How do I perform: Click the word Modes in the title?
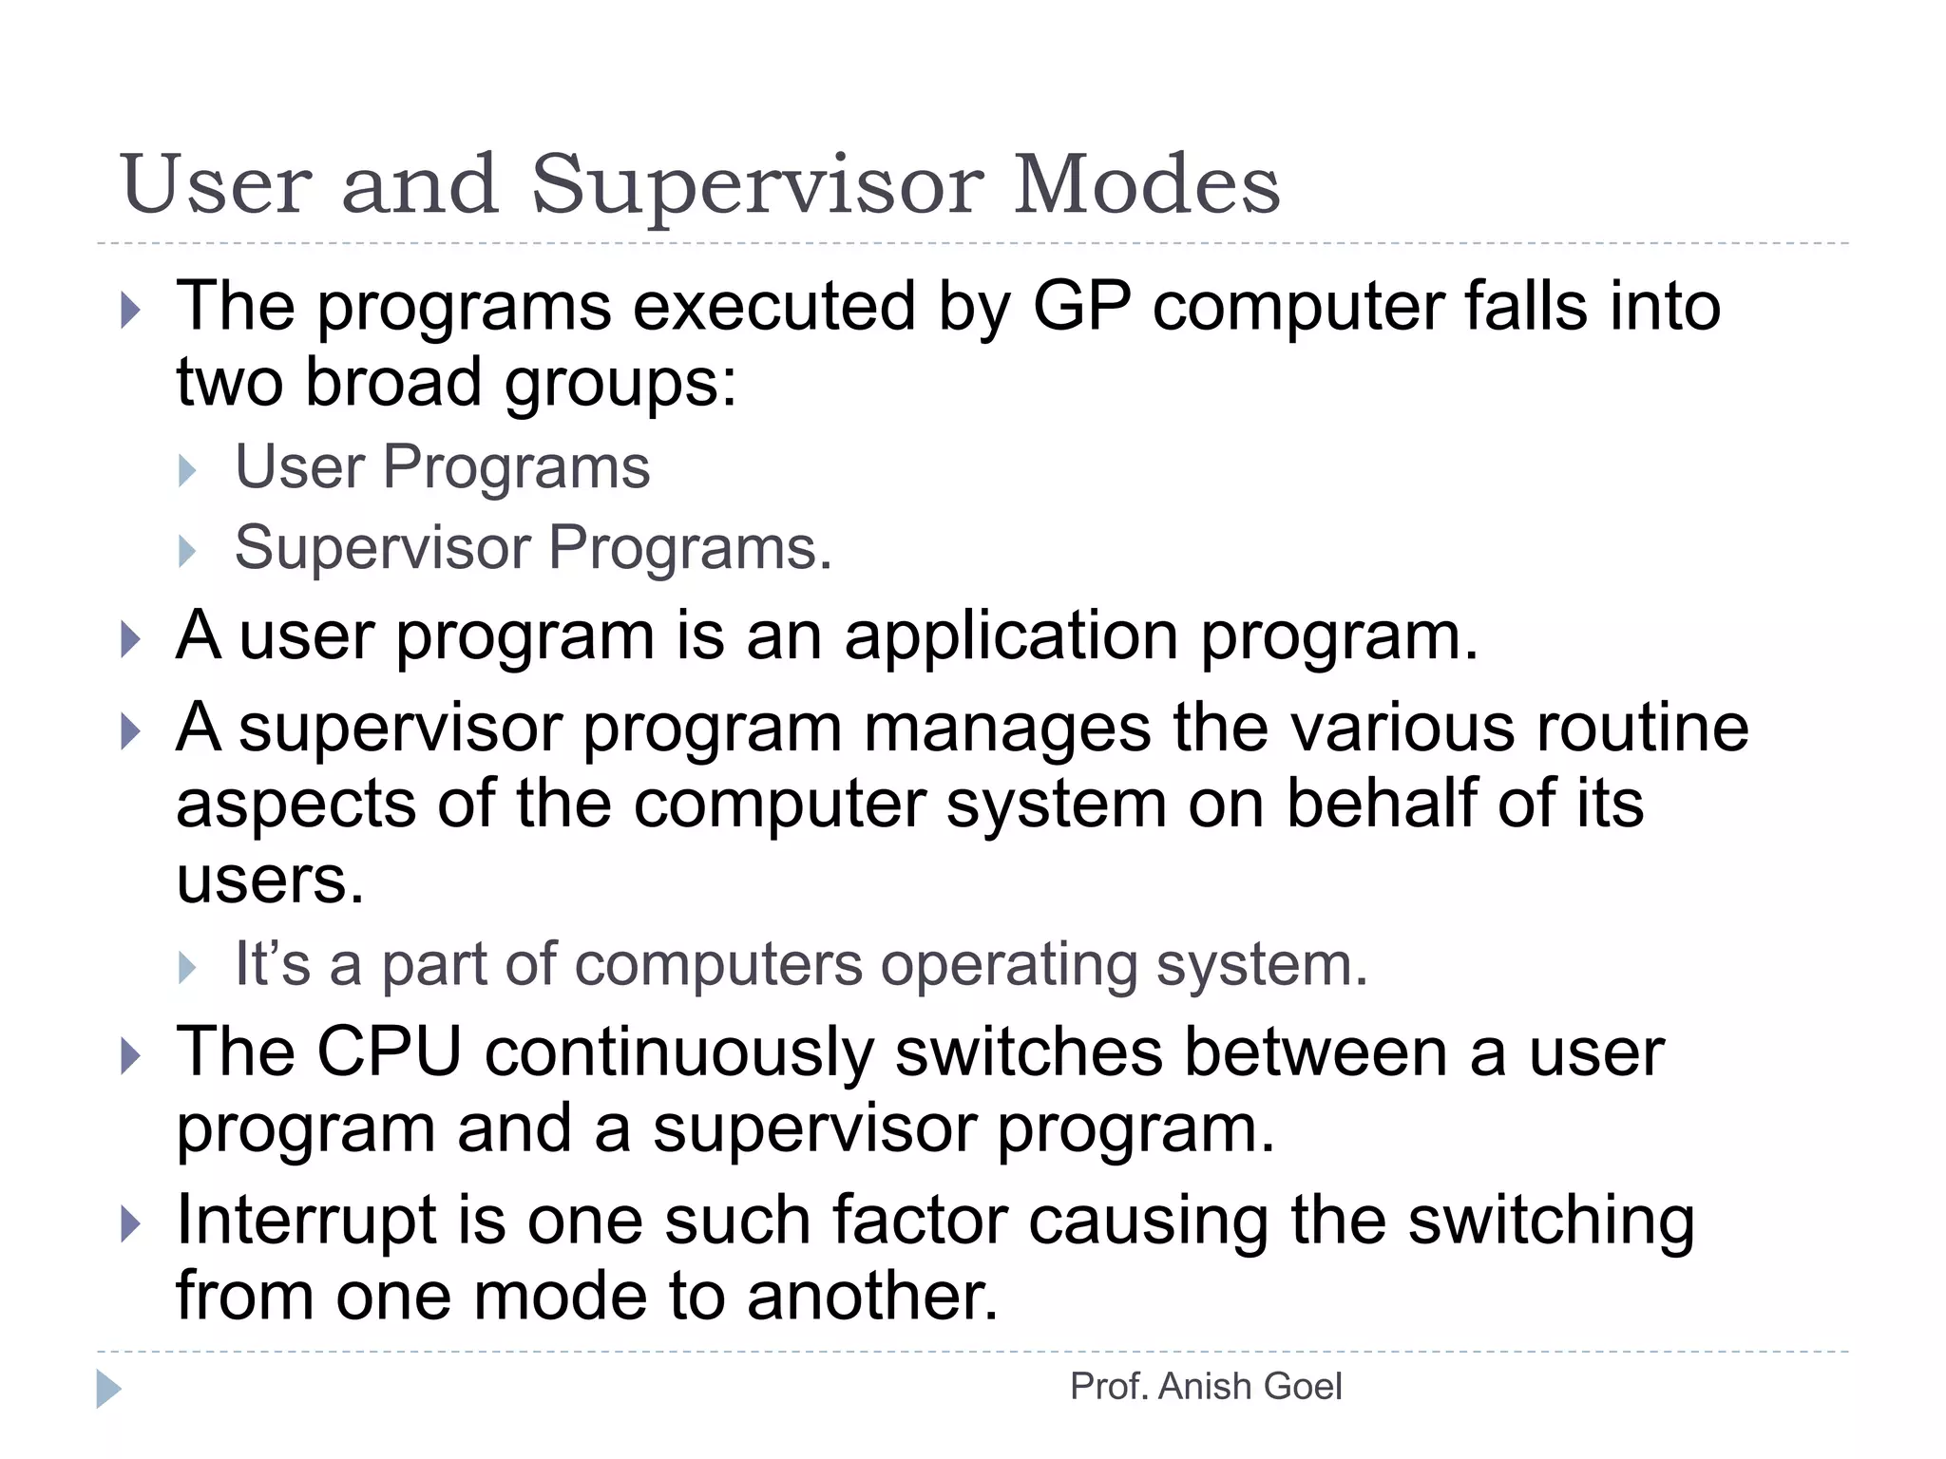[x=1147, y=184]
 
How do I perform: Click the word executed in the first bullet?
[x=773, y=307]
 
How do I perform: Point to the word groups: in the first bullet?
[x=620, y=384]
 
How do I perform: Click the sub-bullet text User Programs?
[x=442, y=467]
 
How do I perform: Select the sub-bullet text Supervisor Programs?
[x=532, y=548]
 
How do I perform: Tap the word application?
[x=1011, y=635]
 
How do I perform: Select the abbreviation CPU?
[x=389, y=1052]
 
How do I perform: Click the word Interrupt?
[x=306, y=1221]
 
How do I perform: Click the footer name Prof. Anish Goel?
[x=1205, y=1387]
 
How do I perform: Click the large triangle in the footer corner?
[x=108, y=1389]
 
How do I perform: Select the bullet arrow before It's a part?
[x=187, y=968]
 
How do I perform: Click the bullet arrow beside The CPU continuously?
[x=131, y=1055]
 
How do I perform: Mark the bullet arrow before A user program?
[x=131, y=639]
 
